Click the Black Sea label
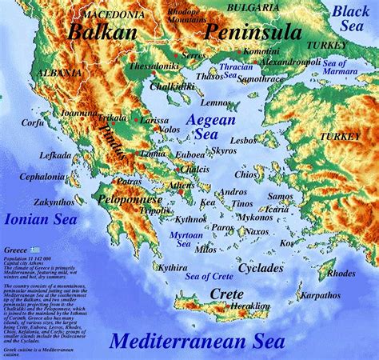(x=351, y=18)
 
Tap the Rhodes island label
(x=341, y=273)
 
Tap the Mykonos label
(x=255, y=217)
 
